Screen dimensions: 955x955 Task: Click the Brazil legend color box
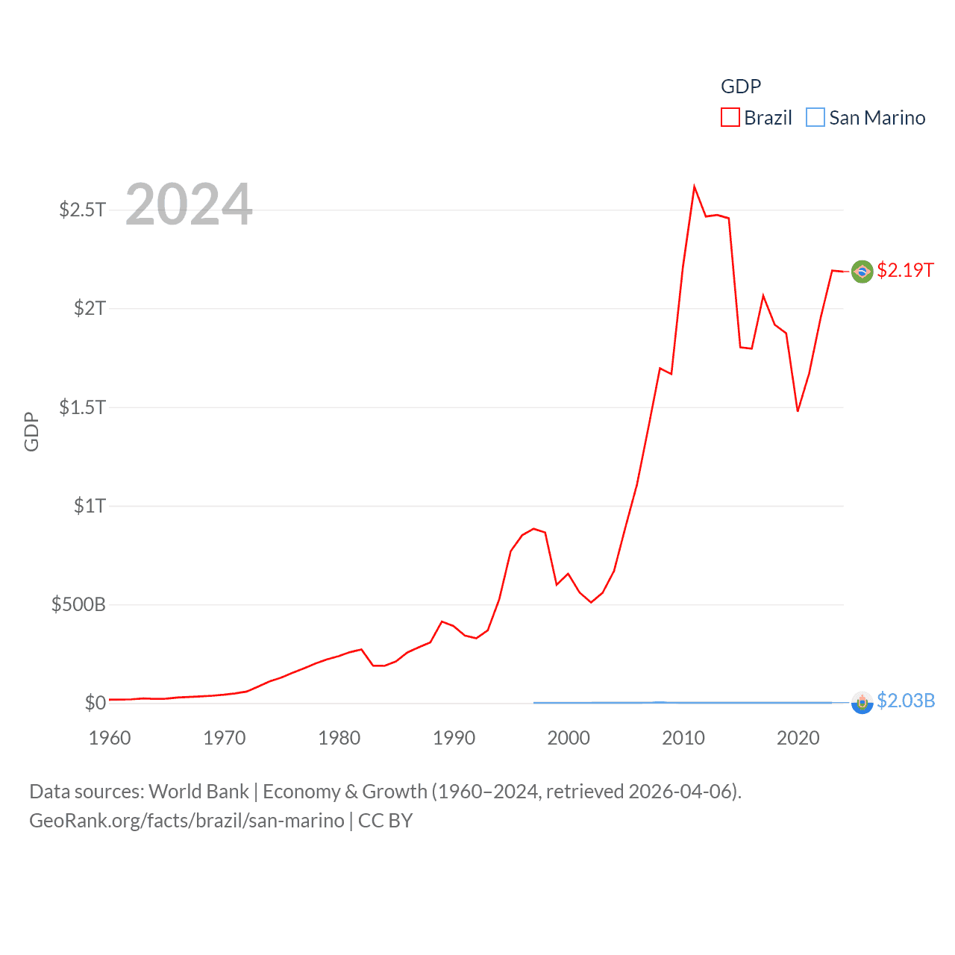(x=730, y=118)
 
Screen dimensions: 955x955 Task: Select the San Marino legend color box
(x=815, y=118)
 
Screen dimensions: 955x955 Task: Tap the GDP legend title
(x=740, y=87)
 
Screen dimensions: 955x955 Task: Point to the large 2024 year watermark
(x=189, y=204)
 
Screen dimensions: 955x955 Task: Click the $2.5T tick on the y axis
(x=82, y=210)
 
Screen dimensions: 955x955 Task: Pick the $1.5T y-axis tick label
(x=82, y=407)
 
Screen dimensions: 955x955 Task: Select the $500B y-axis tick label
(x=78, y=604)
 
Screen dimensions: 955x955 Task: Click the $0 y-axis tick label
(x=95, y=703)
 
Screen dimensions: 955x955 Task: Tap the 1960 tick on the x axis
(x=110, y=738)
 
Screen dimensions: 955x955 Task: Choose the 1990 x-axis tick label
(x=454, y=738)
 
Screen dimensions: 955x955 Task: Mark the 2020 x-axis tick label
(x=798, y=738)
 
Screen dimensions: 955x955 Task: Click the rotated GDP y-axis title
(x=31, y=431)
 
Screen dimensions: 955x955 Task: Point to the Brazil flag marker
(x=862, y=272)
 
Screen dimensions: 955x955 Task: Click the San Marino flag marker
(x=862, y=703)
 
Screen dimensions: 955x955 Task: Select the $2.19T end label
(x=905, y=270)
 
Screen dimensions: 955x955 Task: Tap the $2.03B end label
(x=906, y=701)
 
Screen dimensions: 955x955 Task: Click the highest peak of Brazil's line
(x=694, y=187)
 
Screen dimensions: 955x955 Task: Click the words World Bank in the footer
(x=198, y=792)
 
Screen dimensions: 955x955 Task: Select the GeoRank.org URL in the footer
(x=187, y=821)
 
